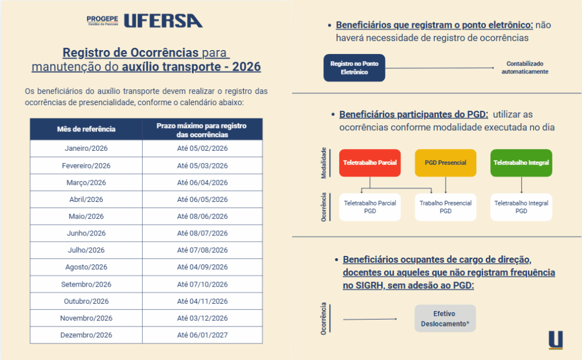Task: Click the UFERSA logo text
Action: click(x=163, y=21)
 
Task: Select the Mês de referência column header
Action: click(x=86, y=129)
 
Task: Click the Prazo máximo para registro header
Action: click(x=202, y=130)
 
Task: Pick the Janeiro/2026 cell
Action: click(x=86, y=148)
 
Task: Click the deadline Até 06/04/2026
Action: click(x=202, y=183)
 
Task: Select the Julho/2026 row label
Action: click(x=86, y=250)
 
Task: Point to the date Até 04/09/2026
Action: click(x=202, y=267)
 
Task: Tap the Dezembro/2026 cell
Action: click(x=86, y=335)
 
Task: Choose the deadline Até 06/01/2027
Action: click(x=202, y=335)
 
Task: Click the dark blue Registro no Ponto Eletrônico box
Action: click(x=354, y=68)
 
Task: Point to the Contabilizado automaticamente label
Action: click(x=525, y=68)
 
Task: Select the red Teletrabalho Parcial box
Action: click(x=369, y=163)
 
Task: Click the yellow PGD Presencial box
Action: click(x=445, y=163)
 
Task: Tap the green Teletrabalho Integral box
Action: click(x=521, y=163)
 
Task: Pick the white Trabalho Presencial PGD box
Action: click(x=445, y=207)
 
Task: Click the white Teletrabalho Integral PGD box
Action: click(x=521, y=207)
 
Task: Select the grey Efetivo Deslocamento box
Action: click(x=444, y=318)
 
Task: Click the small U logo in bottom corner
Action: click(x=555, y=340)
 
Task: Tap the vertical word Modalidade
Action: click(x=324, y=163)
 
